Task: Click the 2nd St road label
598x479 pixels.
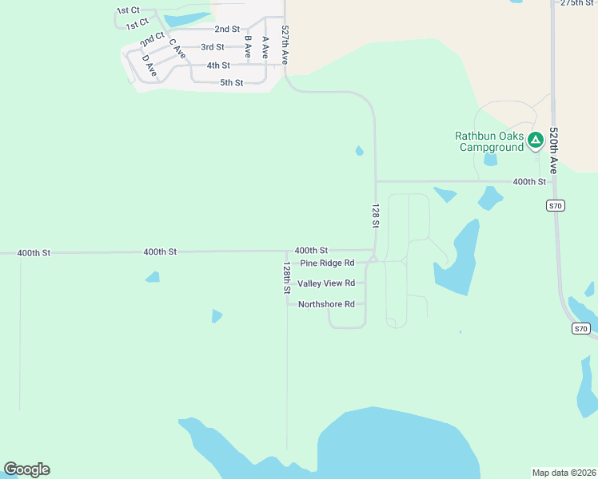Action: [227, 29]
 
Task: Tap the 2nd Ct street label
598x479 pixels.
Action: [152, 39]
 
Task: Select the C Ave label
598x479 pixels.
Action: [177, 49]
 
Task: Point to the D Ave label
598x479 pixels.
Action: [149, 65]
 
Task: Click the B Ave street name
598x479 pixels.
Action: [248, 46]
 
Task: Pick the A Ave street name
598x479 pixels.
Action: [265, 46]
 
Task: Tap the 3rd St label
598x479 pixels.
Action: [213, 47]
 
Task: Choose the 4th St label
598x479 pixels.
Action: [218, 65]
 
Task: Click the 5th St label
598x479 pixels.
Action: [232, 83]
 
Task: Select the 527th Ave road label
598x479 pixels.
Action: [285, 45]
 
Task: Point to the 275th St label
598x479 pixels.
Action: [577, 3]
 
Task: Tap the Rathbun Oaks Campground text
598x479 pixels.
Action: [490, 141]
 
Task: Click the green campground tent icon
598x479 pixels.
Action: [536, 141]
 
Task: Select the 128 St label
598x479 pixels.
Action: [375, 216]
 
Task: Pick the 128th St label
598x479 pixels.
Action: [286, 277]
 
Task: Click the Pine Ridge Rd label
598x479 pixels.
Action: [327, 263]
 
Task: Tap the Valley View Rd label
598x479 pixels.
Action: [326, 283]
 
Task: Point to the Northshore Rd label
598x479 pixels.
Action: [326, 304]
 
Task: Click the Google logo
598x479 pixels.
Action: [27, 469]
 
